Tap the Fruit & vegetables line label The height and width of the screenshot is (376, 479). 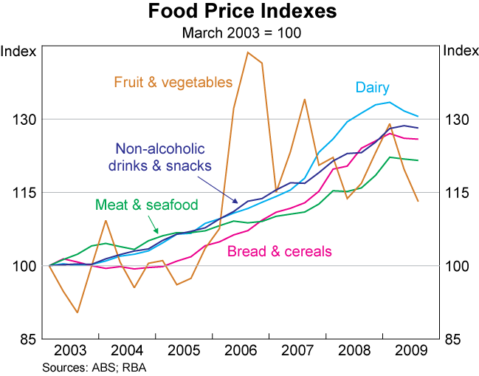click(173, 82)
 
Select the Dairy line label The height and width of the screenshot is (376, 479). click(372, 87)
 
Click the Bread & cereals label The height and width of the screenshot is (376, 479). click(279, 252)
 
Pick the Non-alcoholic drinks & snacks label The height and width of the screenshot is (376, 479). click(159, 157)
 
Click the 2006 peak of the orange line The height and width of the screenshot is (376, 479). click(248, 52)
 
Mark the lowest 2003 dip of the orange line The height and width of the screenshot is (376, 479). click(77, 312)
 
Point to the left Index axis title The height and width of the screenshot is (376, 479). click(18, 51)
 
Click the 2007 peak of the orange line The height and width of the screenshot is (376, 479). click(304, 99)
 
